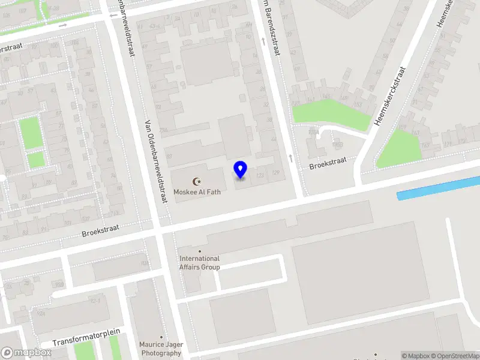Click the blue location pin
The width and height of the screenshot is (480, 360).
coord(240,170)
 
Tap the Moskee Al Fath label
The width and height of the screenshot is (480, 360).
coord(196,191)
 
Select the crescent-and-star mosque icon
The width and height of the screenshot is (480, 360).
coord(196,181)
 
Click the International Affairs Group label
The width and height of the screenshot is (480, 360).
coord(200,263)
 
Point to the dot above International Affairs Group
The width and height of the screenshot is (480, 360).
coord(200,251)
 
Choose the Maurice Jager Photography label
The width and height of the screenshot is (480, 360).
coord(161,349)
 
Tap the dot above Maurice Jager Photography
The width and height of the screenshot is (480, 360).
coord(161,337)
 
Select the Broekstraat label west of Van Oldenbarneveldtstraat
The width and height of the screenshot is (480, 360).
coord(101,228)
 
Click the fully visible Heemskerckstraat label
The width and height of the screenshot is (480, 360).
coord(390,96)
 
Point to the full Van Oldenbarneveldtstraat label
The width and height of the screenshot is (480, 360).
coord(155,162)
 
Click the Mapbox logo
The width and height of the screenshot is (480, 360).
coord(26,353)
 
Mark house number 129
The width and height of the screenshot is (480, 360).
coord(275,174)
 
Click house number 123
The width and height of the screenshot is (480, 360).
coord(260,175)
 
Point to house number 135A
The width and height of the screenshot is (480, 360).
coord(313,131)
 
